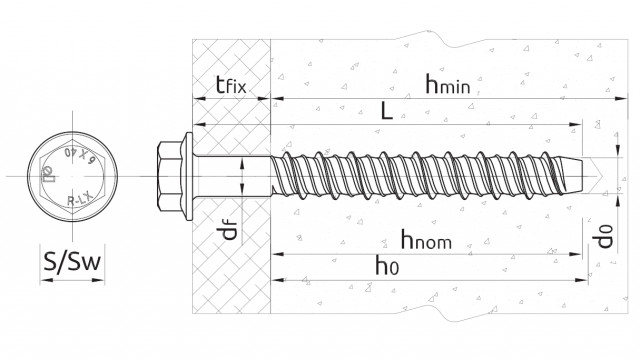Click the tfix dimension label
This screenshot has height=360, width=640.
pyautogui.click(x=229, y=85)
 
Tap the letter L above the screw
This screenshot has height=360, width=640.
pyautogui.click(x=387, y=112)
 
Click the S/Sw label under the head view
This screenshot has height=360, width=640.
pyautogui.click(x=72, y=263)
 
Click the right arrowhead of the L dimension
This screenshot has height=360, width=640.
pyautogui.click(x=580, y=126)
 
